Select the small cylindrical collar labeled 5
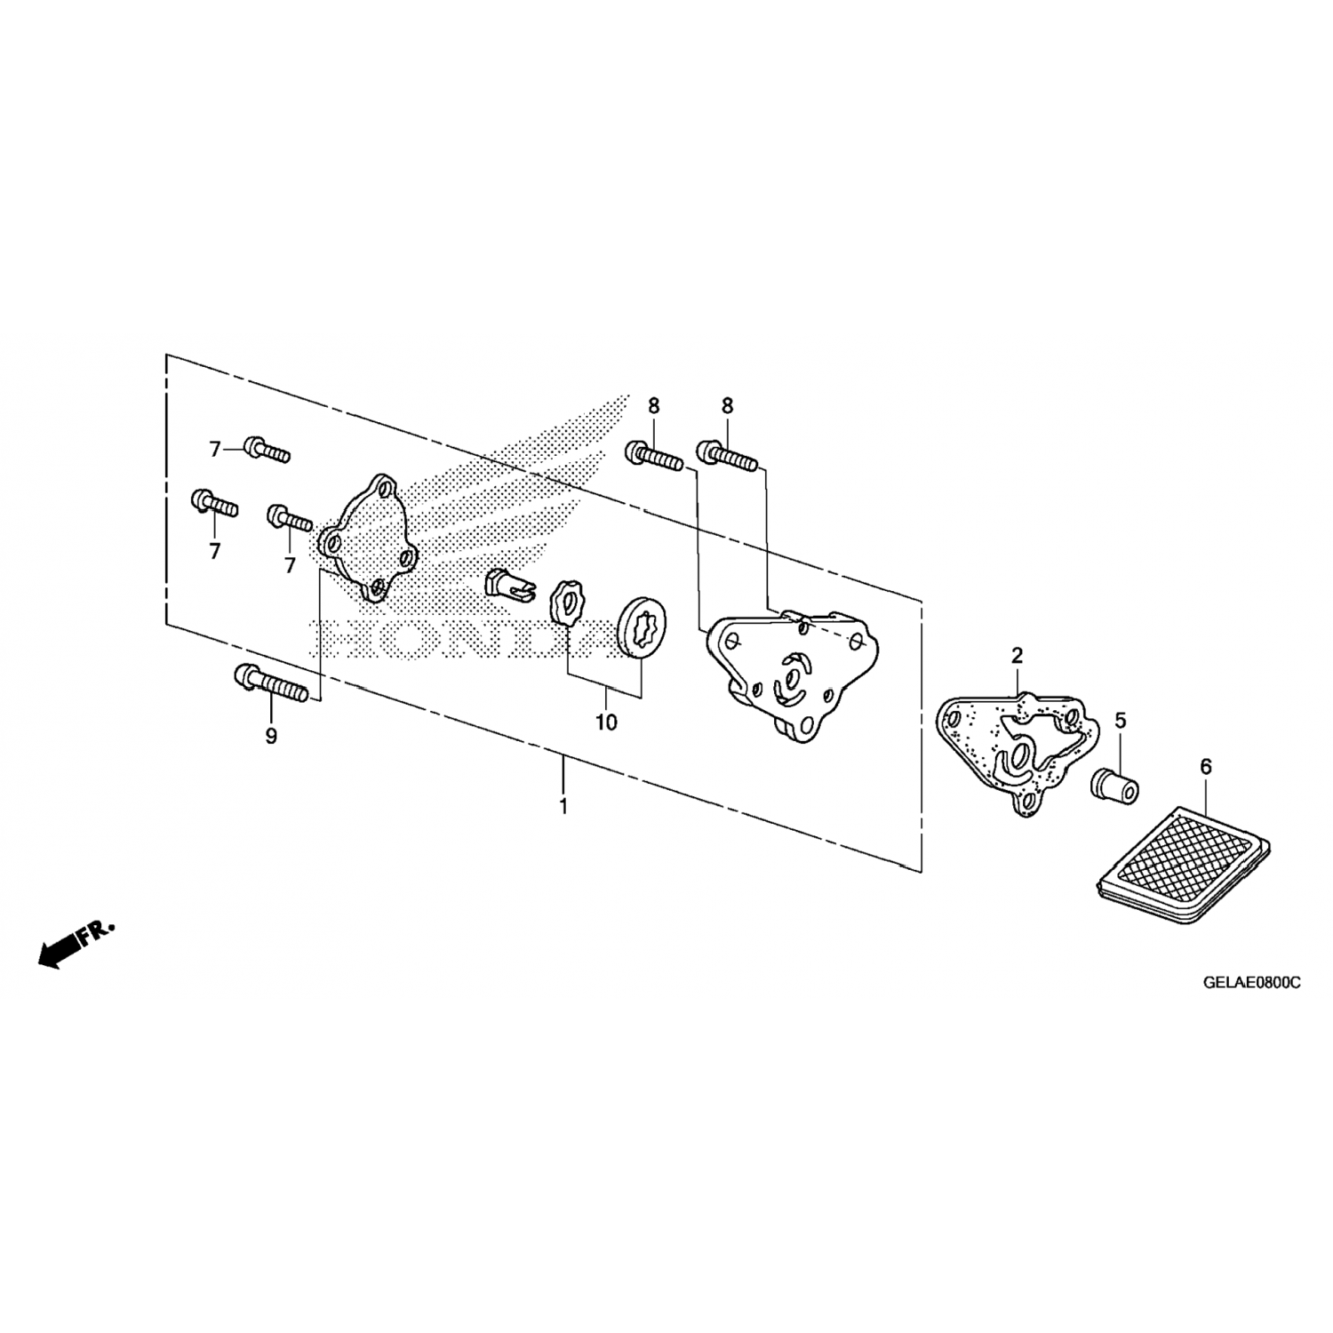pyautogui.click(x=1115, y=786)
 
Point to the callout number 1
pyautogui.click(x=563, y=808)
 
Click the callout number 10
pyautogui.click(x=606, y=722)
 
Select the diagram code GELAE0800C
pyautogui.click(x=1251, y=984)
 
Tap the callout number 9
pyautogui.click(x=271, y=736)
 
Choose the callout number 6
pyautogui.click(x=1205, y=766)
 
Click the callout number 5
pyautogui.click(x=1121, y=720)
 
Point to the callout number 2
pyautogui.click(x=1017, y=657)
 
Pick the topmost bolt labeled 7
pyautogui.click(x=266, y=451)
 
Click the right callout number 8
pyautogui.click(x=727, y=406)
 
